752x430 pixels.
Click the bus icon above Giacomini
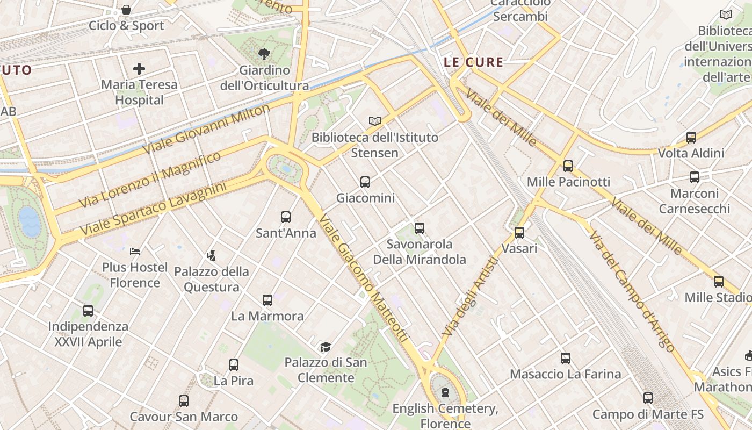pyautogui.click(x=365, y=182)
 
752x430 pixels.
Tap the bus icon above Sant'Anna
pyautogui.click(x=286, y=217)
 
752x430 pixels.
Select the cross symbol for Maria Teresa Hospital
pyautogui.click(x=139, y=69)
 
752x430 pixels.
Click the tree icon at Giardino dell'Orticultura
pyautogui.click(x=264, y=54)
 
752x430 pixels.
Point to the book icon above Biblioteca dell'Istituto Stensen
pyautogui.click(x=375, y=121)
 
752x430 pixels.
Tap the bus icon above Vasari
pyautogui.click(x=519, y=233)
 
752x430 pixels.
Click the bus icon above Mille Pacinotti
pyautogui.click(x=568, y=166)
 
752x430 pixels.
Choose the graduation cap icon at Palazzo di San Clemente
pyautogui.click(x=326, y=347)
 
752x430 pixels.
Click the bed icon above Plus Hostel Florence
pyautogui.click(x=135, y=251)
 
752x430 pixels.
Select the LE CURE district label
pyautogui.click(x=474, y=62)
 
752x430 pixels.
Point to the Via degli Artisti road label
pyautogui.click(x=471, y=297)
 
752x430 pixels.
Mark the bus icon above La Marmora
pyautogui.click(x=267, y=300)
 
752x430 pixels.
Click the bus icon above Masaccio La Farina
pyautogui.click(x=566, y=359)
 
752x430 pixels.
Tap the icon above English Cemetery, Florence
pyautogui.click(x=445, y=393)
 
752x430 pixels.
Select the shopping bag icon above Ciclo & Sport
pyautogui.click(x=126, y=10)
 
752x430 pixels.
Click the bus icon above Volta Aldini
pyautogui.click(x=691, y=138)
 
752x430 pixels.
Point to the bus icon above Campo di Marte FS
pyautogui.click(x=648, y=398)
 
